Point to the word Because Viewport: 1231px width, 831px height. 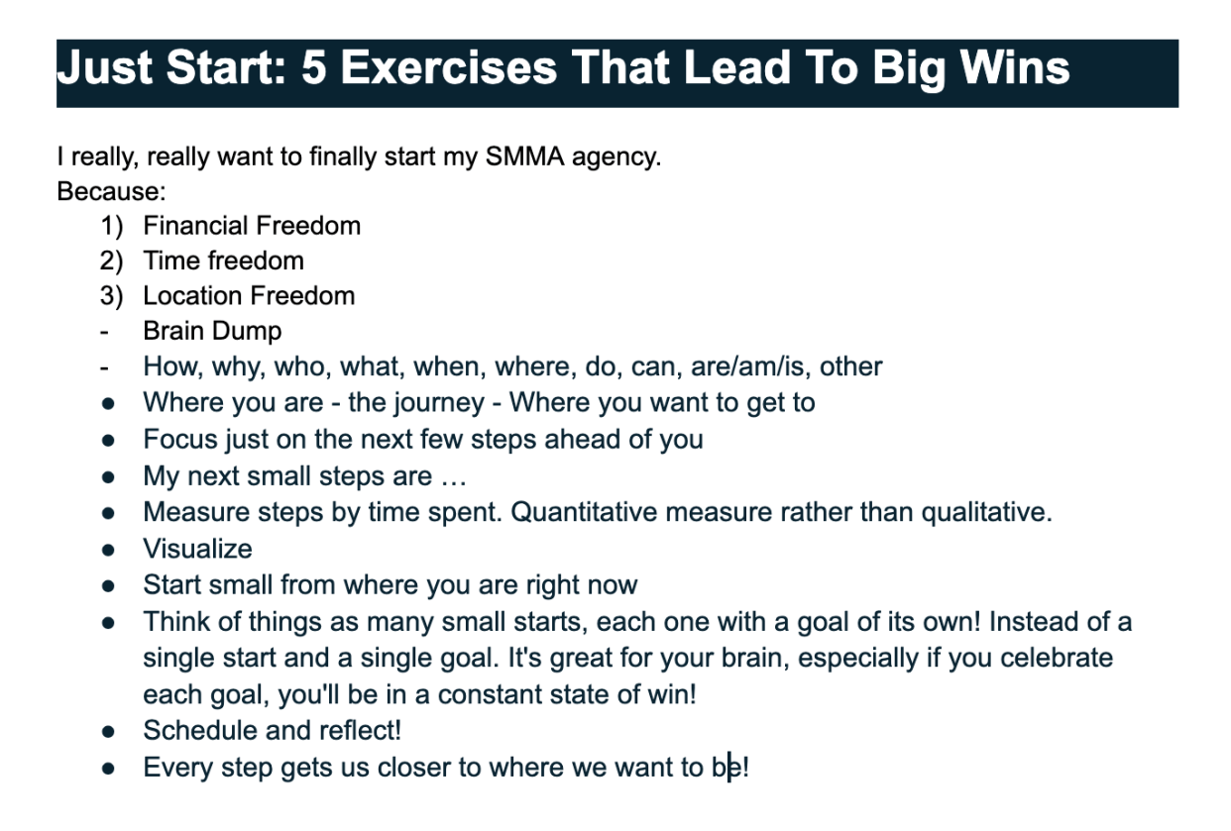110,190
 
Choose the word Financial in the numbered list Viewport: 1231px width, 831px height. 190,226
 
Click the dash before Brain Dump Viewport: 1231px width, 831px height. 104,332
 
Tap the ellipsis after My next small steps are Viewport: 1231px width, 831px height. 454,476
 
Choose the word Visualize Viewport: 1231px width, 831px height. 197,549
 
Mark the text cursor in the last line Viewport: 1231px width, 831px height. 729,767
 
